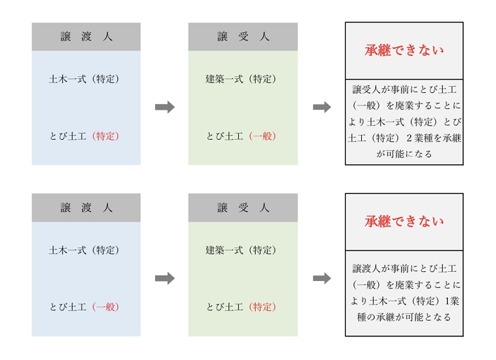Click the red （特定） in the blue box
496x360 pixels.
[105, 136]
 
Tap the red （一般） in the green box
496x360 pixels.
[263, 136]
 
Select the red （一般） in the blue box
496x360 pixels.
[105, 307]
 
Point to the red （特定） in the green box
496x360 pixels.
[263, 307]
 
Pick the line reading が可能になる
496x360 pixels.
[404, 154]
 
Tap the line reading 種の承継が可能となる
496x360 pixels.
[404, 317]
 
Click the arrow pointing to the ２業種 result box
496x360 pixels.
[322, 107]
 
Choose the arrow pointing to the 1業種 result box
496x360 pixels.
[322, 278]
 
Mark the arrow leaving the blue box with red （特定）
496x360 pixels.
[165, 107]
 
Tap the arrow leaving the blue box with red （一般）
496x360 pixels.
[165, 278]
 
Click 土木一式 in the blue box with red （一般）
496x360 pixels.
[68, 250]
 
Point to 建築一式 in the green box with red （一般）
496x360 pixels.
[224, 79]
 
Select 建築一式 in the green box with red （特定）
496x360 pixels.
[224, 250]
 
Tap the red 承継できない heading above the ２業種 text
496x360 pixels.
[404, 50]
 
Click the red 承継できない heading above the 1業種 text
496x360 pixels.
[404, 222]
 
